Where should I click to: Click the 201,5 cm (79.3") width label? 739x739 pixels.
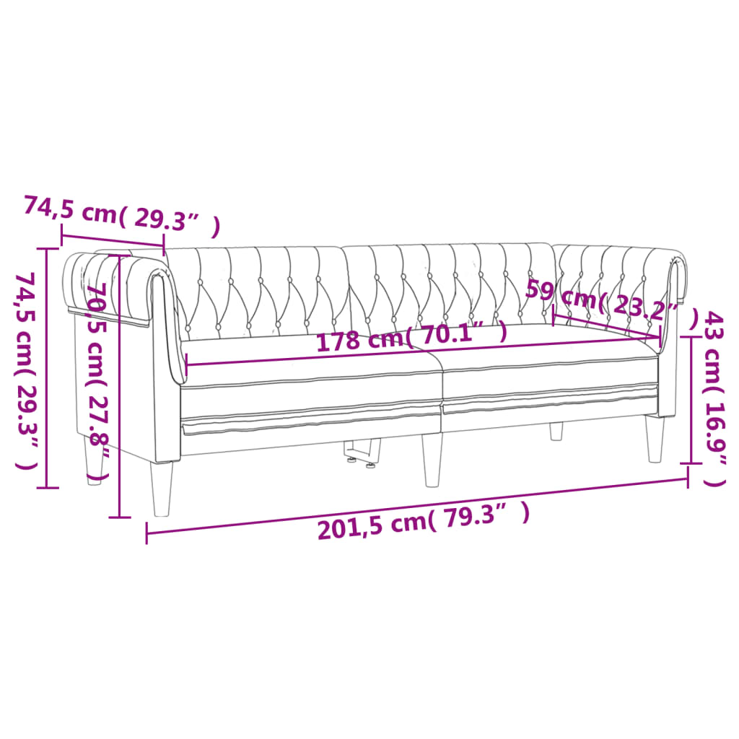tap(424, 525)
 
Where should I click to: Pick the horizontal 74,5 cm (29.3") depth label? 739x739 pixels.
tap(121, 214)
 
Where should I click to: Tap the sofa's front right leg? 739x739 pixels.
tap(655, 439)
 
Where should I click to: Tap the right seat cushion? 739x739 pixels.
tap(548, 368)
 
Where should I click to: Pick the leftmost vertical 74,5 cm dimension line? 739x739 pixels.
tap(48, 368)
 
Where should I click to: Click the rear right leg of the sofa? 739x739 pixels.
tap(556, 431)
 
